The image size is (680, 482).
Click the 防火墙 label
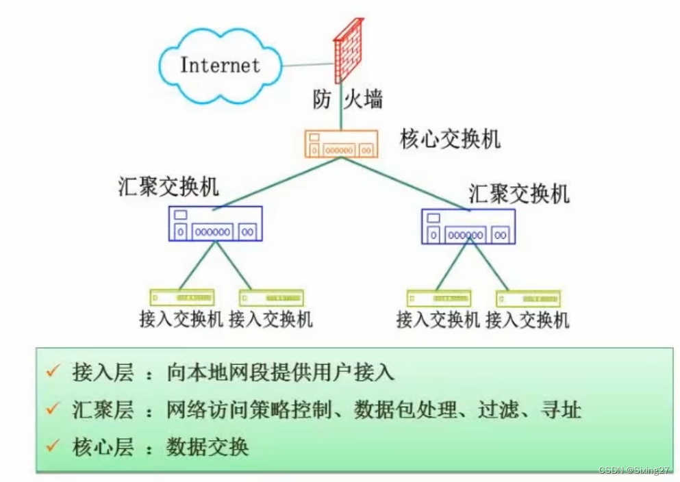(x=347, y=100)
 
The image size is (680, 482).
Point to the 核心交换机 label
(x=450, y=140)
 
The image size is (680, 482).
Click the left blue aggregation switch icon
(x=215, y=224)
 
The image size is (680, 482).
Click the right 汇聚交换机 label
(x=519, y=194)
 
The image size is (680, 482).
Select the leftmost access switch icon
(x=182, y=297)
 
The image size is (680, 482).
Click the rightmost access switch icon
(x=528, y=299)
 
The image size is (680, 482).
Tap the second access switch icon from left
(x=271, y=297)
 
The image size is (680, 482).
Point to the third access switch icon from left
(x=438, y=299)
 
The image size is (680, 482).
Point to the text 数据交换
(x=207, y=448)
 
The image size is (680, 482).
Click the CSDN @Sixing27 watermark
(x=634, y=470)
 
